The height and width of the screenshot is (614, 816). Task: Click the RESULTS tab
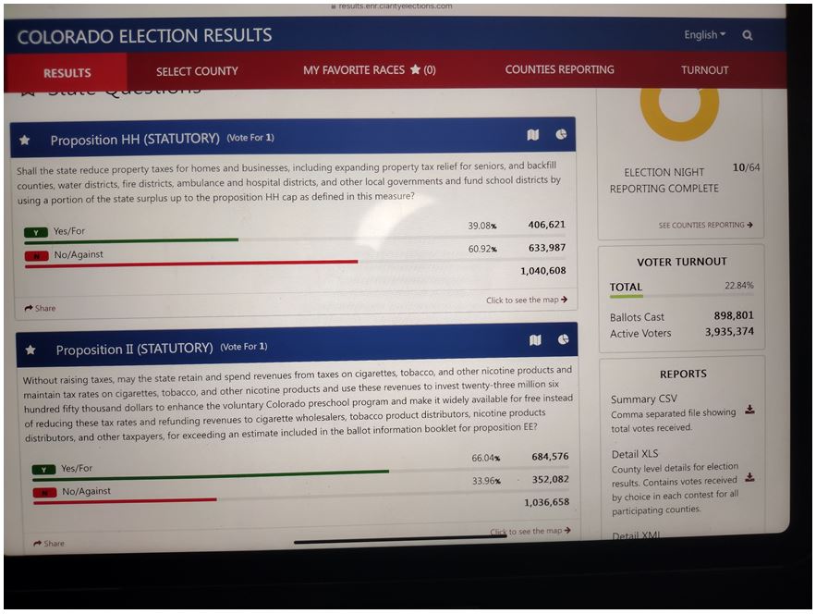[x=67, y=73]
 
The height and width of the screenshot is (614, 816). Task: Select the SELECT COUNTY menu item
[x=197, y=71]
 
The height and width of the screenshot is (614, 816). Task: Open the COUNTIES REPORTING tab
[x=559, y=69]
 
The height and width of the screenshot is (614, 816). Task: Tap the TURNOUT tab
[x=704, y=70]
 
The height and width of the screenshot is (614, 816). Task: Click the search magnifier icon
[x=747, y=35]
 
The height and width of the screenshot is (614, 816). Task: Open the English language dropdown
[x=704, y=35]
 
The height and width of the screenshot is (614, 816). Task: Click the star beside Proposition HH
[x=25, y=141]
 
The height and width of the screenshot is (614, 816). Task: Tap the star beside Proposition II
[x=30, y=350]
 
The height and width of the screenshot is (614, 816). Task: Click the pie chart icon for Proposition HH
[x=561, y=135]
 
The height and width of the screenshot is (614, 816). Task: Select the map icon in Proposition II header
[x=534, y=340]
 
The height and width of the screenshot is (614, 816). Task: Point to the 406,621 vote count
[x=547, y=225]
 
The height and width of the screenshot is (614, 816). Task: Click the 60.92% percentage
[x=482, y=250]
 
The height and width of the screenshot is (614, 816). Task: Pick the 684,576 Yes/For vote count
[x=550, y=457]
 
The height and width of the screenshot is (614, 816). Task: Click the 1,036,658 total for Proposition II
[x=546, y=502]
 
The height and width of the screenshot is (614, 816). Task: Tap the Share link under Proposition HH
[x=41, y=308]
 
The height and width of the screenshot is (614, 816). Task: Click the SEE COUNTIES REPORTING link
[x=705, y=225]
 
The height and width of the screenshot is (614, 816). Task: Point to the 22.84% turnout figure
[x=738, y=286]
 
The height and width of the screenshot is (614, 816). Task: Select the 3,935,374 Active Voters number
[x=729, y=332]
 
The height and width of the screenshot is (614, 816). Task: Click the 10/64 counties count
[x=746, y=167]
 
